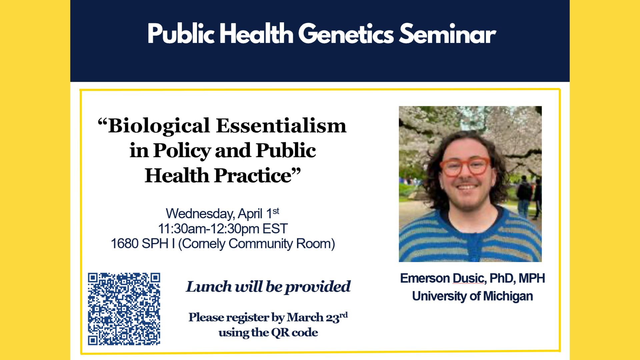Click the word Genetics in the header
pos(346,34)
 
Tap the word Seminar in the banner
pos(447,34)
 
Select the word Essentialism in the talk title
pos(281,126)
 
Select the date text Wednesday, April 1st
pos(222,213)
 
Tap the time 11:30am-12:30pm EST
pos(223,229)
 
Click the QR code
pos(124,309)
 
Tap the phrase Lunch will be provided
pos(268,287)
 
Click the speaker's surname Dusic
pos(468,278)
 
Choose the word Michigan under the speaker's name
pos(508,296)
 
